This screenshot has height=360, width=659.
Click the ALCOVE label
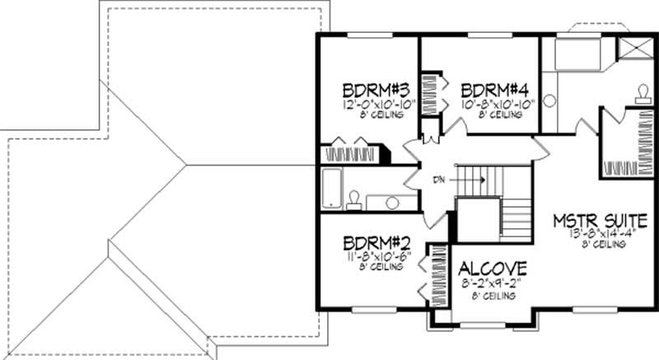click(x=493, y=269)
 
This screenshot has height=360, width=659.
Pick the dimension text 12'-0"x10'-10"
click(x=372, y=105)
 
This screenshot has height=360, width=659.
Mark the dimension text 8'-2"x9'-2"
click(x=493, y=284)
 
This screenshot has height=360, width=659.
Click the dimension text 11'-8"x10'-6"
click(x=372, y=256)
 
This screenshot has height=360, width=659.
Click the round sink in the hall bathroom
click(x=392, y=202)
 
